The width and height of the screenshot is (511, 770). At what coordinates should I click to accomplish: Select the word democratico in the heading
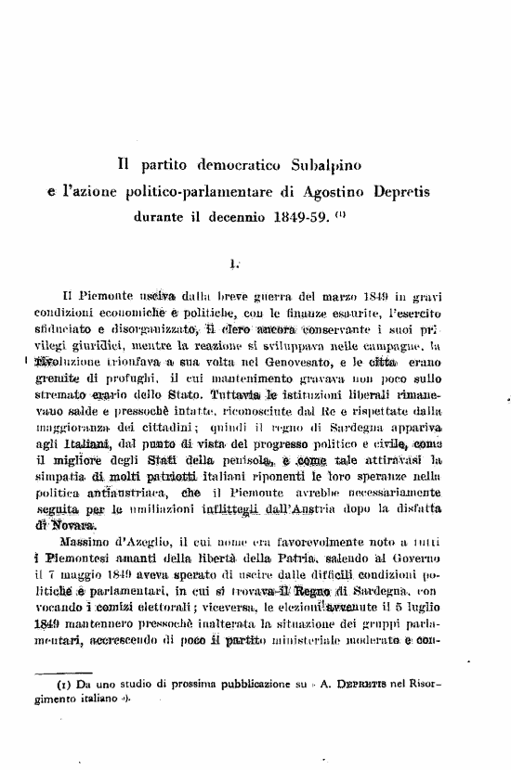[228, 165]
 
